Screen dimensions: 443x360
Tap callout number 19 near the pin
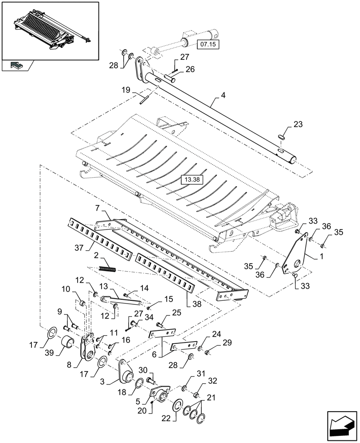125,90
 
